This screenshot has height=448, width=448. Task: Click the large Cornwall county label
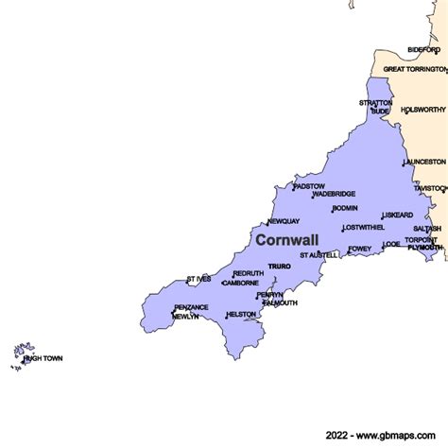(287, 241)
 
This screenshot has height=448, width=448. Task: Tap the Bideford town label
(423, 48)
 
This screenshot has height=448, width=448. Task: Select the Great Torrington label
(414, 69)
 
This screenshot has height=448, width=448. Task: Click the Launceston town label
(424, 162)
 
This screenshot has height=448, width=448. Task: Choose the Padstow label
(309, 186)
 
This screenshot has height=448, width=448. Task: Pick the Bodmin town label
(345, 208)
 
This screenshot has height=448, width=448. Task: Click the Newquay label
(283, 222)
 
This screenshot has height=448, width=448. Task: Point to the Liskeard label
(398, 215)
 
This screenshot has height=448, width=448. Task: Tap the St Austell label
(319, 255)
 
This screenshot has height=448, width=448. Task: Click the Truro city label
(279, 267)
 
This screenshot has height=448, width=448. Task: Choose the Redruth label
(249, 274)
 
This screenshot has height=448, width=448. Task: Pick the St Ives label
(198, 280)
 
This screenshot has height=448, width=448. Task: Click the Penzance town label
(192, 308)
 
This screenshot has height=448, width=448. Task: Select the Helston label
(240, 315)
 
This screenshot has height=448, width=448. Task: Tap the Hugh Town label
(43, 359)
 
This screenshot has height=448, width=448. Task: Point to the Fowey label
(360, 250)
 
